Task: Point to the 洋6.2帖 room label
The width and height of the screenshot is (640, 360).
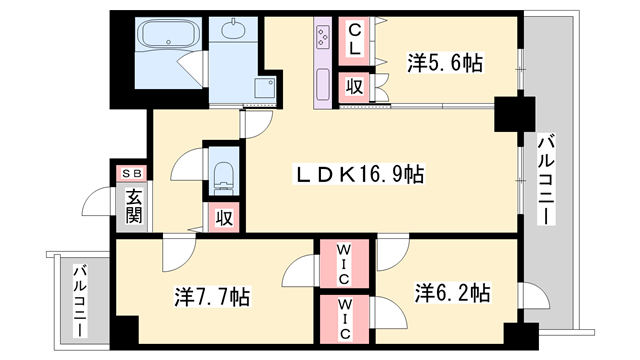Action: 452,293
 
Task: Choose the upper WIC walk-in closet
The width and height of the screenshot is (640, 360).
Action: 343,263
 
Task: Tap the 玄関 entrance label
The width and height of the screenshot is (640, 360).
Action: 134,206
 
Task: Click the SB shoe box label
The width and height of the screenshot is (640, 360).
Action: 132,173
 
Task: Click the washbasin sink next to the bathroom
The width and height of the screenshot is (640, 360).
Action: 234,31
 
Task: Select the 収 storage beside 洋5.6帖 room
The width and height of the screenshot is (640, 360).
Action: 354,87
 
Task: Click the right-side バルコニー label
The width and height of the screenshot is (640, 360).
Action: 547,180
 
